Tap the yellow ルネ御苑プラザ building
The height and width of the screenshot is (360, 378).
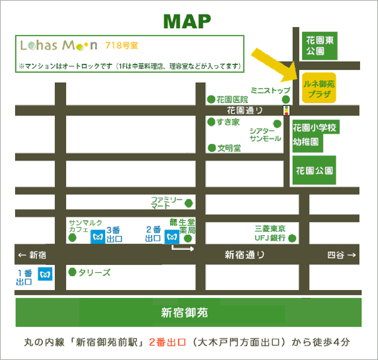pyautogui.click(x=319, y=88)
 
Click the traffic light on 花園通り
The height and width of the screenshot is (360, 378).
pyautogui.click(x=287, y=110)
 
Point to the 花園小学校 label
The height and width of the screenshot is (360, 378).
pyautogui.click(x=315, y=128)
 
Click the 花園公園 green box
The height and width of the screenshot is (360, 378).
pyautogui.click(x=314, y=170)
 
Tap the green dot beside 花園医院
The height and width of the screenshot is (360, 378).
pyautogui.click(x=211, y=99)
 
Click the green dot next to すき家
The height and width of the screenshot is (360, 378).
pyautogui.click(x=211, y=122)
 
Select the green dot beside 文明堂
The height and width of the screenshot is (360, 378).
pyautogui.click(x=212, y=148)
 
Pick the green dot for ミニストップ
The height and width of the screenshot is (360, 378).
pyautogui.click(x=286, y=99)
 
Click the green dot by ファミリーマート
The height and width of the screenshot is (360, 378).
pyautogui.click(x=189, y=203)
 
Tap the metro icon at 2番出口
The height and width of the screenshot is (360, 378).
pyautogui.click(x=172, y=237)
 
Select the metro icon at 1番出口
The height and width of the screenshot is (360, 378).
pyautogui.click(x=45, y=273)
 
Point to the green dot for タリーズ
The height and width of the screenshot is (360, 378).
pyautogui.click(x=72, y=272)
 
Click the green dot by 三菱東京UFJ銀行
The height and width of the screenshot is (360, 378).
pyautogui.click(x=292, y=238)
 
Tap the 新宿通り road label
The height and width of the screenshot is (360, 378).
pyautogui.click(x=245, y=255)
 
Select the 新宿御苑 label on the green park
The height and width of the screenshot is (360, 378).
pyautogui.click(x=184, y=313)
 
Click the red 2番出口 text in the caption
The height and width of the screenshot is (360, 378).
pyautogui.click(x=167, y=342)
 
